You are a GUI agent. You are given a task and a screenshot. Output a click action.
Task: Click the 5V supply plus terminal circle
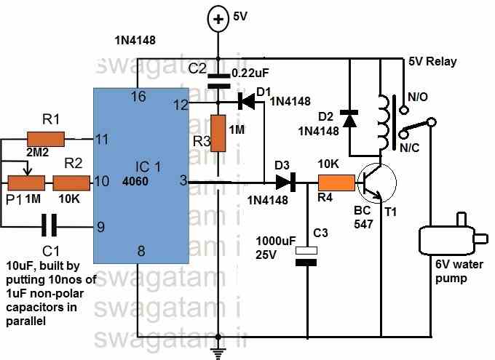(218, 20)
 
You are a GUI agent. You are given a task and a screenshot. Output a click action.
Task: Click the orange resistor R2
(71, 182)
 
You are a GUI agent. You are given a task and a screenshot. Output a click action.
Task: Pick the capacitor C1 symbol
(49, 227)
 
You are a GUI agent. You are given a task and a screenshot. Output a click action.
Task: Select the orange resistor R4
(336, 183)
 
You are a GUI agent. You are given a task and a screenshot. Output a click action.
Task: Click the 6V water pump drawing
(445, 241)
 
